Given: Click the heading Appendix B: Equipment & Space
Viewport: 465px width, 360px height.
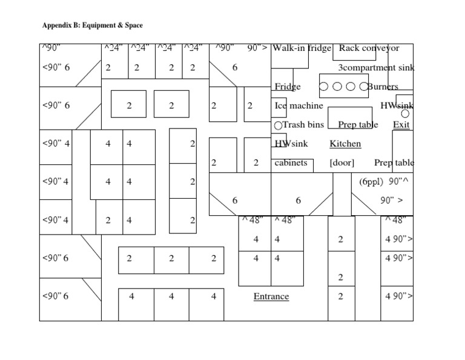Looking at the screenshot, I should point(92,25).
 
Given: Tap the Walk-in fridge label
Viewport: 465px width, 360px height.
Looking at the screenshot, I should point(302,48).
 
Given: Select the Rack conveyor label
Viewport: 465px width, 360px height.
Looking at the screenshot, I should point(369,48).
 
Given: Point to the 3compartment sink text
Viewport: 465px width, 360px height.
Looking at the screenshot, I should point(376,67).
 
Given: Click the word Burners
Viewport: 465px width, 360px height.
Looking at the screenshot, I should point(383,86).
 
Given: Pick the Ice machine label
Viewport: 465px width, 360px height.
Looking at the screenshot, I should point(298,105).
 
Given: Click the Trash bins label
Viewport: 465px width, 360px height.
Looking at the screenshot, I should point(303,125).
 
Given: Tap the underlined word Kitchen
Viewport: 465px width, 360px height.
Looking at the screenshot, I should point(345,144).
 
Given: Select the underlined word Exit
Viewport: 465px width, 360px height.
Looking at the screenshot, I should point(401,125).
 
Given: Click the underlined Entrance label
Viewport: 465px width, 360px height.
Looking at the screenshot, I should point(271,296).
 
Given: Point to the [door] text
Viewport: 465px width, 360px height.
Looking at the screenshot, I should point(342,162).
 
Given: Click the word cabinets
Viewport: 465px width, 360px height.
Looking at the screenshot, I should point(291,162).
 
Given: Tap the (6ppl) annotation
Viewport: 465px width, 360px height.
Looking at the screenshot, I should point(371,181).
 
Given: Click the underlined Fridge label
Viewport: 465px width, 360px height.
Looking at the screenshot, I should point(287,86).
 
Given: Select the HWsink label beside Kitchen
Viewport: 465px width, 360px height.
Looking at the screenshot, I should point(291,144).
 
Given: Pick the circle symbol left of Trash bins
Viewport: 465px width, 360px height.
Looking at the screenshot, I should point(278,125).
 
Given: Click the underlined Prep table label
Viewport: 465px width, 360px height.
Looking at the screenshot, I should point(358,125).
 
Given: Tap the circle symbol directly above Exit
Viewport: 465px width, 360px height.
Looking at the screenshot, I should point(406,113).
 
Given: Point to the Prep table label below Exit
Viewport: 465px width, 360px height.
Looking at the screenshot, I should point(394,162).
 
